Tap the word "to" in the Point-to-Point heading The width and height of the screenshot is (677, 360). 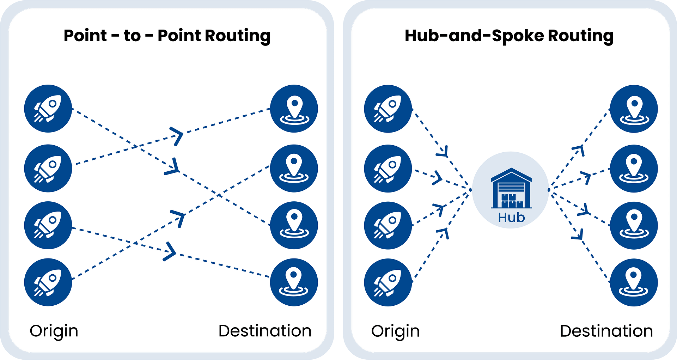(x=132, y=36)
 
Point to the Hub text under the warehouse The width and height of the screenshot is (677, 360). (x=511, y=218)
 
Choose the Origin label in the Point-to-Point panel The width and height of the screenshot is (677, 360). (x=54, y=331)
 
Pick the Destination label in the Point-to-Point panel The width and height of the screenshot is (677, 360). (x=265, y=331)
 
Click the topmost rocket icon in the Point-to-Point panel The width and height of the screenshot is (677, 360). (x=48, y=109)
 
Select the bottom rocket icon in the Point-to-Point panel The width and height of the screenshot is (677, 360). (x=48, y=282)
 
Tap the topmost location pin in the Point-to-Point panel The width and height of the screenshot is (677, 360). (x=294, y=109)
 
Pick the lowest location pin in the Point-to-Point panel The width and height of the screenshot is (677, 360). (x=294, y=282)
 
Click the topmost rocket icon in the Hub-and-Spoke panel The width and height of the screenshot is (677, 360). (x=388, y=109)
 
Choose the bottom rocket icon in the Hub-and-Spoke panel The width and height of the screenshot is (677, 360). (x=388, y=282)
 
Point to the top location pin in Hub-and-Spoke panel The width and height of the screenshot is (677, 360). (x=634, y=109)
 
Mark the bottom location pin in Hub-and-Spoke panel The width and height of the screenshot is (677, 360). (x=634, y=282)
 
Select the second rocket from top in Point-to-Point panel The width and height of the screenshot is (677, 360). (x=48, y=168)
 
